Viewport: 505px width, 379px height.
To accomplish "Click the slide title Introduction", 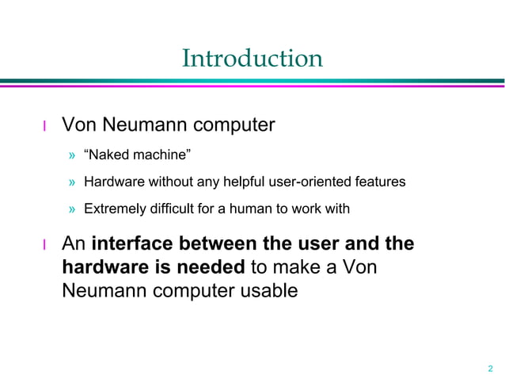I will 252,58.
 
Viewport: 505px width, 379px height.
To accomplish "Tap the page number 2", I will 490,367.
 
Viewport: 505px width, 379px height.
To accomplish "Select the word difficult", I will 173,209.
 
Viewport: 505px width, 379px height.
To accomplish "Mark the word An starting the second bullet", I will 74,244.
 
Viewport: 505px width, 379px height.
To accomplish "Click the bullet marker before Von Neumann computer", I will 45,126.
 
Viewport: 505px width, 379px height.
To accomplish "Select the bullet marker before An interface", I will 45,245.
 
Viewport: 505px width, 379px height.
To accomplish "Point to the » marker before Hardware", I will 71,183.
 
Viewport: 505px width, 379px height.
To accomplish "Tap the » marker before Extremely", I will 71,209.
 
